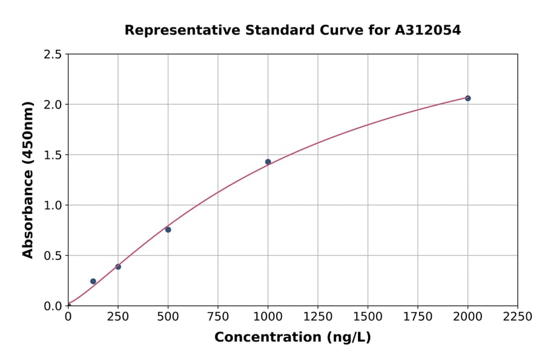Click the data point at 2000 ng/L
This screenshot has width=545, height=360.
click(467, 98)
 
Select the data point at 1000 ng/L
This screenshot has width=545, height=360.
click(268, 162)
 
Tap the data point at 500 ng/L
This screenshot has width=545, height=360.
click(168, 230)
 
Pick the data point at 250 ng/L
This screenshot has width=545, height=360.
click(118, 267)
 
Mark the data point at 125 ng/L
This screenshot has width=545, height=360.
click(93, 281)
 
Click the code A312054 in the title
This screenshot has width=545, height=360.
click(428, 30)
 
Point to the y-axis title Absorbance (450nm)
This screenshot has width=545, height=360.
click(28, 179)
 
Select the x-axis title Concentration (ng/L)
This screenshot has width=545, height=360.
click(292, 338)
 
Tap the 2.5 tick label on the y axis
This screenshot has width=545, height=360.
click(53, 55)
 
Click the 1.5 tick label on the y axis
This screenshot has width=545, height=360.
click(53, 155)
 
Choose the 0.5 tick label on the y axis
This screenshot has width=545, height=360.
click(53, 256)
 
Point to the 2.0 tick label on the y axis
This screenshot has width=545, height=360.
click(53, 105)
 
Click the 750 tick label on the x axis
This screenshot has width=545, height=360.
click(218, 317)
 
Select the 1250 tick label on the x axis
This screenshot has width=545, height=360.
click(318, 317)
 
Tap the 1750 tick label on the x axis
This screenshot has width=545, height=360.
click(417, 317)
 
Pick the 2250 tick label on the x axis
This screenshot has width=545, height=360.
click(517, 317)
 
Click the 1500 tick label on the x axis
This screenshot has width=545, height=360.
click(368, 317)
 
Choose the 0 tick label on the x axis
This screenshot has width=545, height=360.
click(68, 317)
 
